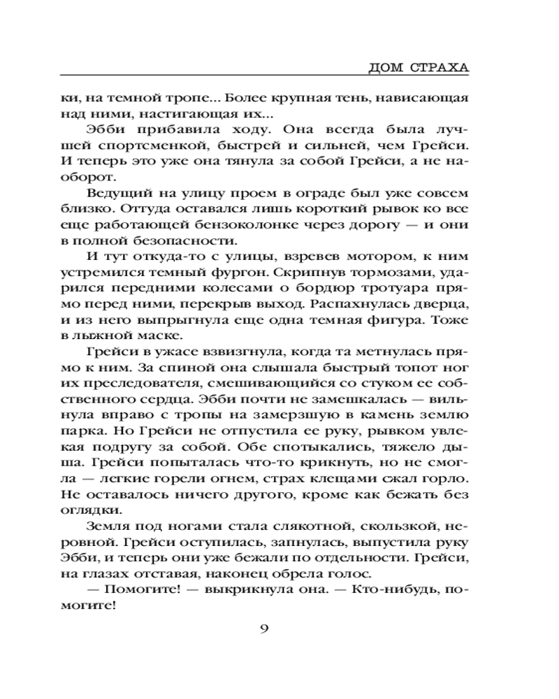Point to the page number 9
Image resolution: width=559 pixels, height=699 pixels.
coord(264,628)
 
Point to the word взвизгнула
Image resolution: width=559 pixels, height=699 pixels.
coord(215,350)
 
